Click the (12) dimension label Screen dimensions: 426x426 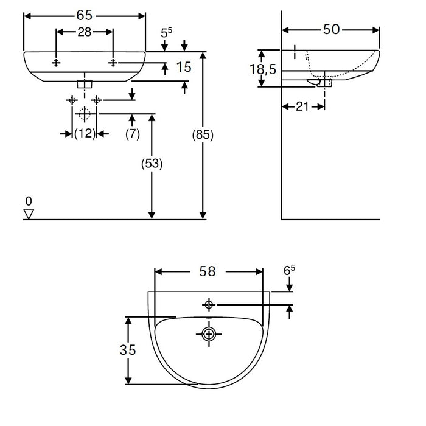[85, 134]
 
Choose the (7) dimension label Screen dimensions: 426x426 [133, 134]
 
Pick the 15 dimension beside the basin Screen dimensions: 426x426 [183, 68]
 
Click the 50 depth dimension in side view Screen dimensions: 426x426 [331, 29]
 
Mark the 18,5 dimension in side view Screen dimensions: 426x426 [263, 69]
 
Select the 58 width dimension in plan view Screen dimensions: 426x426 [208, 271]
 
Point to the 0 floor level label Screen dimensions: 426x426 [28, 200]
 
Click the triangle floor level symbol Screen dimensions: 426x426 [28, 214]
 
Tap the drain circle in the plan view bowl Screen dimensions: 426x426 [209, 333]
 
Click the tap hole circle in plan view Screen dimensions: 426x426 [209, 304]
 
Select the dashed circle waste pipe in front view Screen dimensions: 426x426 [84, 113]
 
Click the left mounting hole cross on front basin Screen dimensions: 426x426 [56, 63]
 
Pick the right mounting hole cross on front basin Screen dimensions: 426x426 [113, 63]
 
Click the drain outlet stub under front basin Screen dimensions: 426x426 [85, 83]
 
